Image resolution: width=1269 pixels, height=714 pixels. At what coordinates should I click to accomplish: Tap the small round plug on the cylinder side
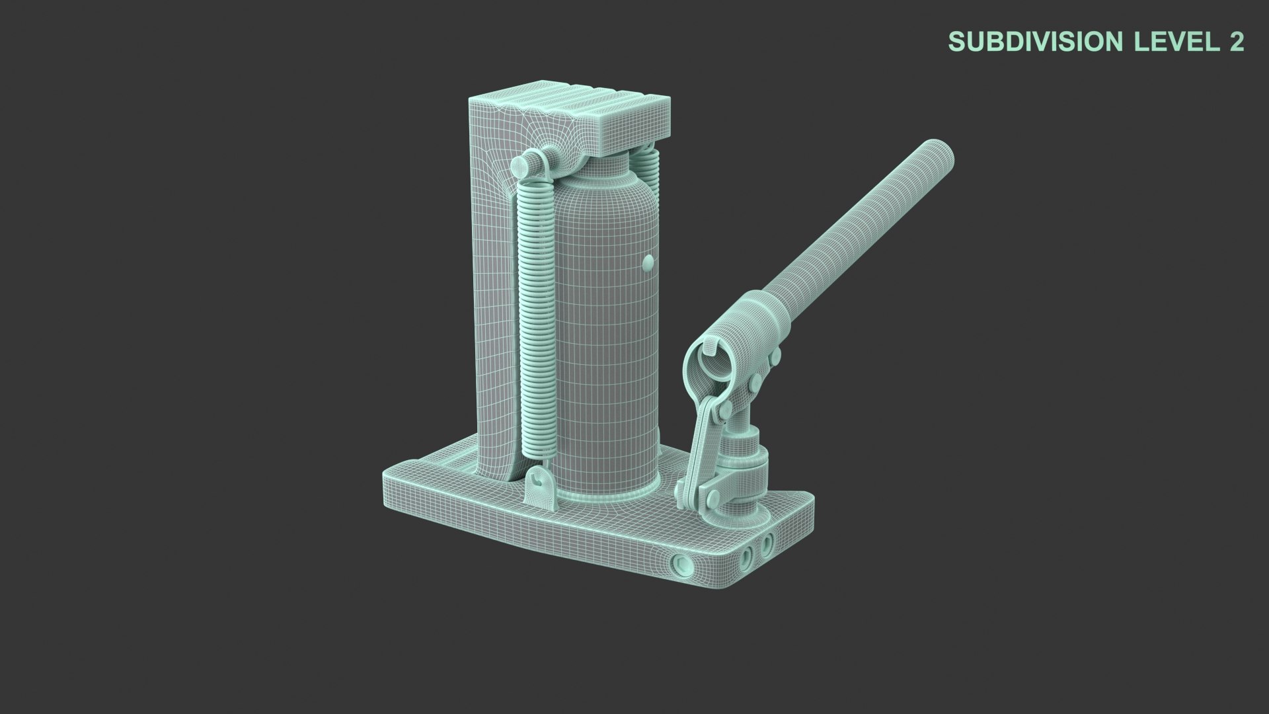click(x=648, y=263)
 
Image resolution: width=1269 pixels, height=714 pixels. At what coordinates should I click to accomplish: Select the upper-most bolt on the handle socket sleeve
click(x=775, y=357)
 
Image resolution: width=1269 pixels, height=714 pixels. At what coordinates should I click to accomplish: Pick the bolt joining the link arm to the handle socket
click(x=725, y=412)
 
